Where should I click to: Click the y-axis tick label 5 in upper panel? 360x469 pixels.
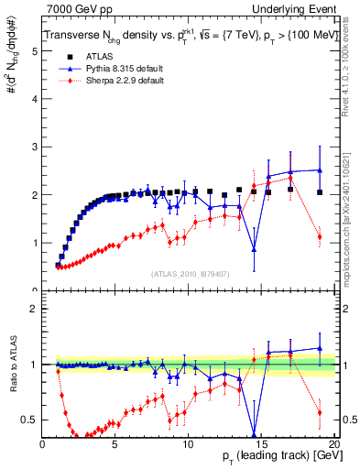(x=35, y=52)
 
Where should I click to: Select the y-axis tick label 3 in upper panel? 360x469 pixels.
(x=35, y=147)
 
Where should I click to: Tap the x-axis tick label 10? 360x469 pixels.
(x=188, y=446)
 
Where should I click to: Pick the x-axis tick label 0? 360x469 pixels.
(x=43, y=446)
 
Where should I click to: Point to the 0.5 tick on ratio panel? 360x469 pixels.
(x=30, y=420)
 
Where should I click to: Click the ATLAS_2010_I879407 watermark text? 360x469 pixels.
(x=191, y=273)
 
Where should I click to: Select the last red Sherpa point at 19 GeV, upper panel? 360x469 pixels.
(x=319, y=236)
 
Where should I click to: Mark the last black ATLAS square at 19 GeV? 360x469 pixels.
(x=319, y=192)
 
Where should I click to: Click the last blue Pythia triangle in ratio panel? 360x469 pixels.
(x=319, y=348)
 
